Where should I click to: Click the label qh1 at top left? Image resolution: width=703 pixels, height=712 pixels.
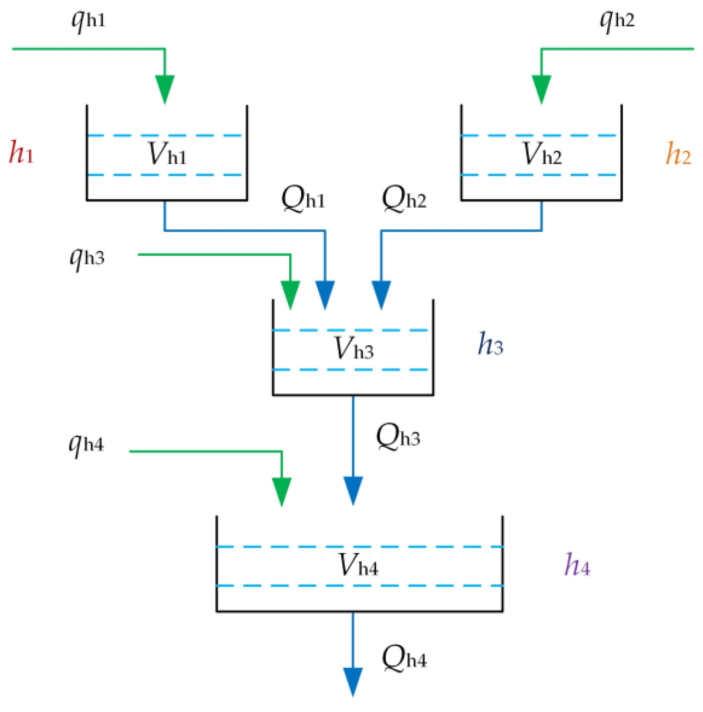(x=88, y=20)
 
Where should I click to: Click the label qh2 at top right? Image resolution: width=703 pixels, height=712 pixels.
(x=617, y=20)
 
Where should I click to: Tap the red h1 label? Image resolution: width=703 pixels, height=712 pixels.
(x=21, y=153)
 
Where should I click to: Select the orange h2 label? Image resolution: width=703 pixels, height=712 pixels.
(x=678, y=154)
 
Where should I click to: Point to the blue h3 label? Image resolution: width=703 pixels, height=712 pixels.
(x=490, y=344)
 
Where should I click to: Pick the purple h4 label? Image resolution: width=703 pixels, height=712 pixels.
(x=577, y=565)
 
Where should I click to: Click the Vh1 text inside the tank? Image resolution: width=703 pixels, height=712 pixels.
(x=167, y=154)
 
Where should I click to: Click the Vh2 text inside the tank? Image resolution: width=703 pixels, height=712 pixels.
(x=542, y=154)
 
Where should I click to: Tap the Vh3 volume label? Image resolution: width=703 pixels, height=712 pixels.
(x=354, y=349)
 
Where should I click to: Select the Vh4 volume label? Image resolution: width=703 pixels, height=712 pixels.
(x=358, y=566)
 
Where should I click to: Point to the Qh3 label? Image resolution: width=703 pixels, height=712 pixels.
(x=398, y=437)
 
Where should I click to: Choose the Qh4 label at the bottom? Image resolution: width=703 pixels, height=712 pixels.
(x=404, y=658)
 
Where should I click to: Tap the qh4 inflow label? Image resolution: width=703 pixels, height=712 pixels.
(x=86, y=445)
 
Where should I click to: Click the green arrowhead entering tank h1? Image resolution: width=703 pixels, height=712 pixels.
(x=165, y=88)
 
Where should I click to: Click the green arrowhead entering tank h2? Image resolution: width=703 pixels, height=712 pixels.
(x=542, y=88)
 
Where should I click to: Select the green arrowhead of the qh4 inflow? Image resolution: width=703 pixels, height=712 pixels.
(x=281, y=491)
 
